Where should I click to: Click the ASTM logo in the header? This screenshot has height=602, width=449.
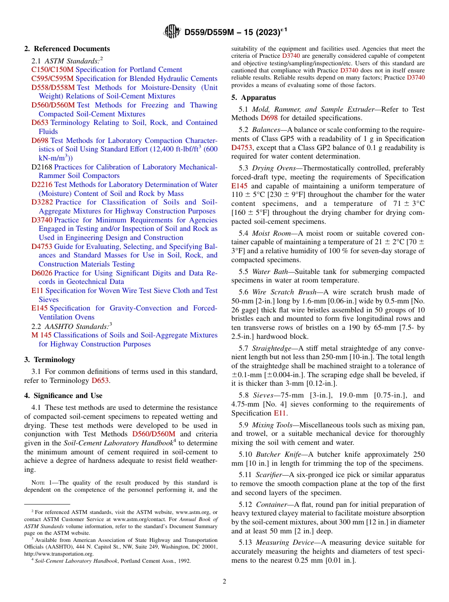click(x=172, y=32)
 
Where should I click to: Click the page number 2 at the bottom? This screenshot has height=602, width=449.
click(x=224, y=582)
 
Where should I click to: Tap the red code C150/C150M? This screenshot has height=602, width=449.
click(x=52, y=70)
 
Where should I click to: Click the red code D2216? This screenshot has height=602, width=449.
click(x=42, y=185)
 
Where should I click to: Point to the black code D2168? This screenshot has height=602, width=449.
click(x=42, y=167)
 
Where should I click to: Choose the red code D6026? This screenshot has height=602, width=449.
click(x=42, y=273)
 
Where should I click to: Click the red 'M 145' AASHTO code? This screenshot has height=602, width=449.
click(x=42, y=335)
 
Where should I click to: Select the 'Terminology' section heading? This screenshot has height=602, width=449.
click(x=54, y=360)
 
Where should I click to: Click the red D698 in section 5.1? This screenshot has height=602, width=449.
click(x=269, y=118)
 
